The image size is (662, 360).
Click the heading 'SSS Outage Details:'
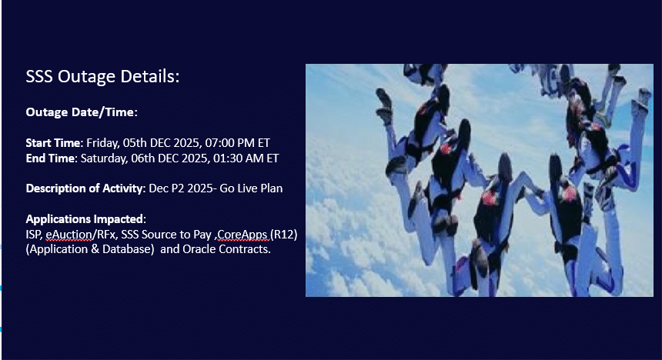click(x=102, y=76)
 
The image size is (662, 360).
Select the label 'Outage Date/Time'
click(x=80, y=112)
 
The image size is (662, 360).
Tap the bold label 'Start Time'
click(x=53, y=143)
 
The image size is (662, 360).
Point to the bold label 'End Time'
click(x=50, y=158)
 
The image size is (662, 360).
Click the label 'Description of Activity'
click(x=85, y=188)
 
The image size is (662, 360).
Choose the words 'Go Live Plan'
click(x=251, y=188)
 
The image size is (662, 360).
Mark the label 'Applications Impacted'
click(x=85, y=219)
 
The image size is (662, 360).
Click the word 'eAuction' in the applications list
click(x=69, y=235)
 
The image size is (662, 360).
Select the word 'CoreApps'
click(x=242, y=235)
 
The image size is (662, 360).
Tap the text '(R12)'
click(x=284, y=235)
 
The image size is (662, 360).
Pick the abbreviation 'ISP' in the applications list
click(x=33, y=235)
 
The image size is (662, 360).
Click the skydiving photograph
click(x=480, y=180)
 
